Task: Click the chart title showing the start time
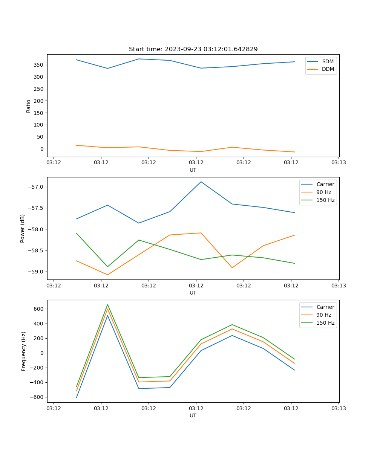pos(193,49)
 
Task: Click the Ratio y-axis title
pos(29,106)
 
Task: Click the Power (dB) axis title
pos(23,228)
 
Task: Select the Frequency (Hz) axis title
pos(24,351)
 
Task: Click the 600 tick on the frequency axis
pos(39,309)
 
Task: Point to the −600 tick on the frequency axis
pos(37,397)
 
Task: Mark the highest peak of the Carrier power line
pos(201,182)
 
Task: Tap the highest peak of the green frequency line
pos(107,305)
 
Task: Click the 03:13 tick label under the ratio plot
pos(338,163)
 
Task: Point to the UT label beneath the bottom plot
pos(193,415)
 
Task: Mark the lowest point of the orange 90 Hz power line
pos(107,275)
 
